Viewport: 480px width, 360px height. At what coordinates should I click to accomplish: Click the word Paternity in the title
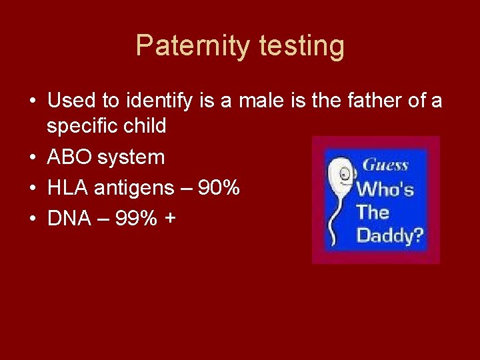(x=191, y=46)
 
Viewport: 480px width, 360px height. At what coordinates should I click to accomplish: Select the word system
(x=131, y=157)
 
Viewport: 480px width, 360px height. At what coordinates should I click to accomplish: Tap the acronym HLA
(x=68, y=188)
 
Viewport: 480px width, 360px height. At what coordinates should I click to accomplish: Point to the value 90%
(x=219, y=188)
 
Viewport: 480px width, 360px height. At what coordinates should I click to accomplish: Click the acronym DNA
(x=69, y=219)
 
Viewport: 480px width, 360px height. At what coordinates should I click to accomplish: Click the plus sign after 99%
(x=172, y=219)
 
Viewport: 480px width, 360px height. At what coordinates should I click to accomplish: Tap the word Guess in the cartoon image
(x=385, y=165)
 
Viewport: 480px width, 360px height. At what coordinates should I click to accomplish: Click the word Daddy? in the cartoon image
(x=391, y=235)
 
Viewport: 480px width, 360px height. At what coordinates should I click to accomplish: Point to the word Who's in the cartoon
(x=385, y=189)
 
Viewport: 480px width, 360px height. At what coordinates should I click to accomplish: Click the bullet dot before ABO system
(x=32, y=158)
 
